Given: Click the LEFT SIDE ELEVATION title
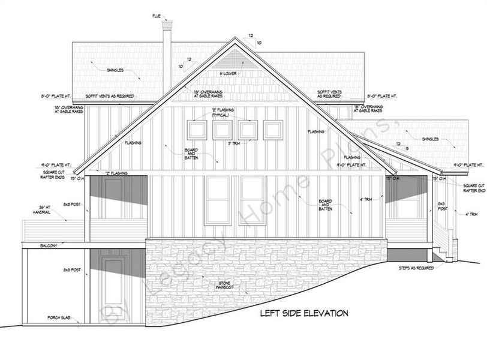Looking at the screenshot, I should pos(303,313).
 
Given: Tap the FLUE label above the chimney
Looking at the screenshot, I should pos(157,16).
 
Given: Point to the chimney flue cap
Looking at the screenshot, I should pos(167,25).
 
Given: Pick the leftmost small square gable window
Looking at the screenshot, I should pos(197,130).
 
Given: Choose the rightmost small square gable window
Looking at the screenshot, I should pos(273,130).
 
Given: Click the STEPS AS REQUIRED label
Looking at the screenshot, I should pos(415,268).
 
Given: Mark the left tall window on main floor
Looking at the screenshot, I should pos(217,200).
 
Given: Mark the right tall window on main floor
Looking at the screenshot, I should pos(252,200).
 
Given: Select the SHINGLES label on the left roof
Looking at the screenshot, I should pos(116,70).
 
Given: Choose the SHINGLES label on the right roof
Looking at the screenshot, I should pos(431,139).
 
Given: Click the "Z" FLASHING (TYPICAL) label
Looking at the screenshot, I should pos(223,112).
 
